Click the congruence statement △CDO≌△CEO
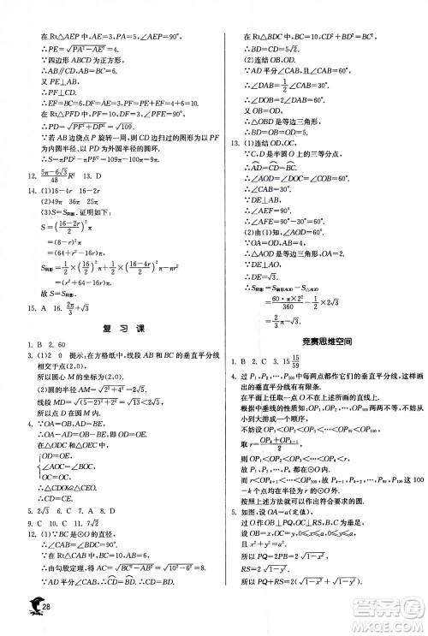[x=62, y=499]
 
